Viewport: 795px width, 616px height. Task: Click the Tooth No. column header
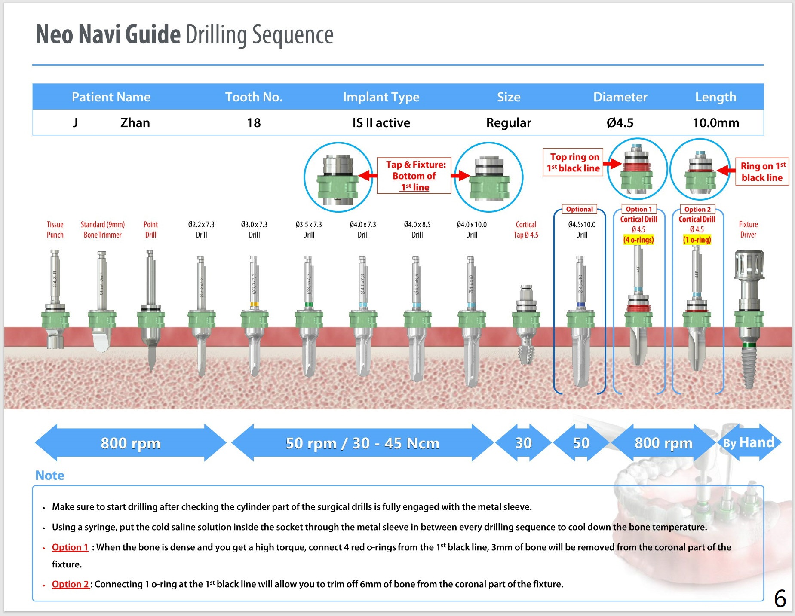(x=254, y=97)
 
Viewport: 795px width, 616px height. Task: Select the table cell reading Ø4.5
(x=620, y=123)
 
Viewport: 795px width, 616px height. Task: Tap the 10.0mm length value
(x=715, y=123)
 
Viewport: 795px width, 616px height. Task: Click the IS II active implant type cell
(x=381, y=123)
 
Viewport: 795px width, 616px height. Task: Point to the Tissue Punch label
(x=55, y=229)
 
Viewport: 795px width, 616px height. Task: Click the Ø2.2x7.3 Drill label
(x=201, y=229)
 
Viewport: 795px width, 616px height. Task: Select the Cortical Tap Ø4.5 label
(x=526, y=229)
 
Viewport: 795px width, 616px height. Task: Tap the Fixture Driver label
(x=748, y=229)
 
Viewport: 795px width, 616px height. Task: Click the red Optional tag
(x=579, y=209)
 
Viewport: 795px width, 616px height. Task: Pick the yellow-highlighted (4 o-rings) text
(x=638, y=240)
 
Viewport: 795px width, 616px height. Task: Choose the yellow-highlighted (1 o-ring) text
(x=697, y=240)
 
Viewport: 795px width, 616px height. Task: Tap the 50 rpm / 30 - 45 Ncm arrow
(x=362, y=443)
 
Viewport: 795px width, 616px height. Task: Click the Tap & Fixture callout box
(x=414, y=176)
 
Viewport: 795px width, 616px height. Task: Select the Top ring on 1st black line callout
(x=573, y=163)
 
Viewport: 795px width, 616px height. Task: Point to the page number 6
(x=780, y=598)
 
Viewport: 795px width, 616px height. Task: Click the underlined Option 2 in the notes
(x=70, y=584)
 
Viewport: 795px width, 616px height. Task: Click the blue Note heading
(x=50, y=475)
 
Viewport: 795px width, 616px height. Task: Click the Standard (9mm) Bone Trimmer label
(x=103, y=229)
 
